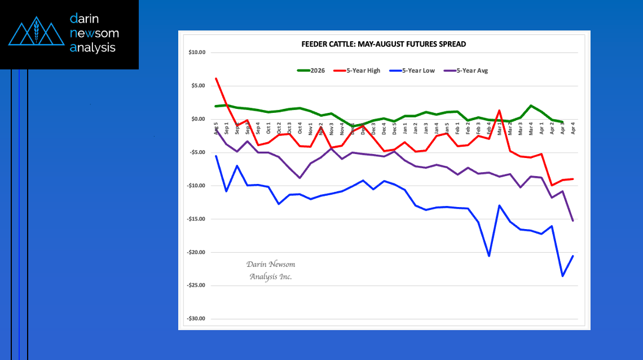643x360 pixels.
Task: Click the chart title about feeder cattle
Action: tap(384, 44)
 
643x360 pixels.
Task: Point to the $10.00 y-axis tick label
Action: tap(197, 52)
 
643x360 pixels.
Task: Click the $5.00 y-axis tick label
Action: tap(198, 86)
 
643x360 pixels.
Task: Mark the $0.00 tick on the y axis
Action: tap(198, 119)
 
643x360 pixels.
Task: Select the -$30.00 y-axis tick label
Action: tap(196, 319)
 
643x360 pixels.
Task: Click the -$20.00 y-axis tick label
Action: tap(196, 252)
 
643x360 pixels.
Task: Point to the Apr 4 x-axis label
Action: tap(573, 128)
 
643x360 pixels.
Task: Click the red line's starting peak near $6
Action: tap(216, 78)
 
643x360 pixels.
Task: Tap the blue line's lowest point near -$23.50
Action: tap(562, 276)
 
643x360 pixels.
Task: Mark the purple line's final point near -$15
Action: tap(573, 221)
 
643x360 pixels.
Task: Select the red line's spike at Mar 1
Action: tap(500, 110)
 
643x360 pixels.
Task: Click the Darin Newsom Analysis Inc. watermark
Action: tap(271, 270)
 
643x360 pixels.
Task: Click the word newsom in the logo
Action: tap(94, 33)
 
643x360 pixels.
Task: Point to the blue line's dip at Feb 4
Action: tap(489, 256)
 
